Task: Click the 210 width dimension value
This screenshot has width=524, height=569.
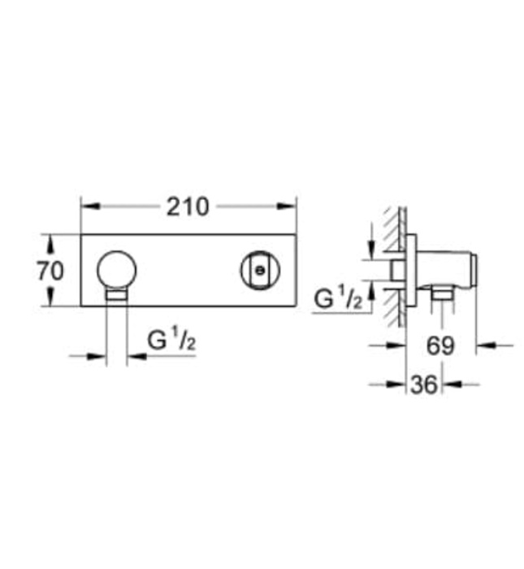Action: [188, 206]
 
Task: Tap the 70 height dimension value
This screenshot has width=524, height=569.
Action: [50, 271]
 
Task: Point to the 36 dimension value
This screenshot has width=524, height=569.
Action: [423, 384]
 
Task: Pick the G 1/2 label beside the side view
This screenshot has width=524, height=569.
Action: [337, 298]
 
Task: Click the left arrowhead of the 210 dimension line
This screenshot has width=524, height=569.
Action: [85, 206]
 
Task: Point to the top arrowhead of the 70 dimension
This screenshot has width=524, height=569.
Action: [50, 241]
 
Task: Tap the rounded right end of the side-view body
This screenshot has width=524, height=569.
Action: [473, 266]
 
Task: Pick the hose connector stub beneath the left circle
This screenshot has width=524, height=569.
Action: [117, 295]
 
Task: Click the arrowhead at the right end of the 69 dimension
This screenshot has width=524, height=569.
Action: [482, 345]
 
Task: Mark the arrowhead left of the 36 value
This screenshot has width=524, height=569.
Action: [399, 384]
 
